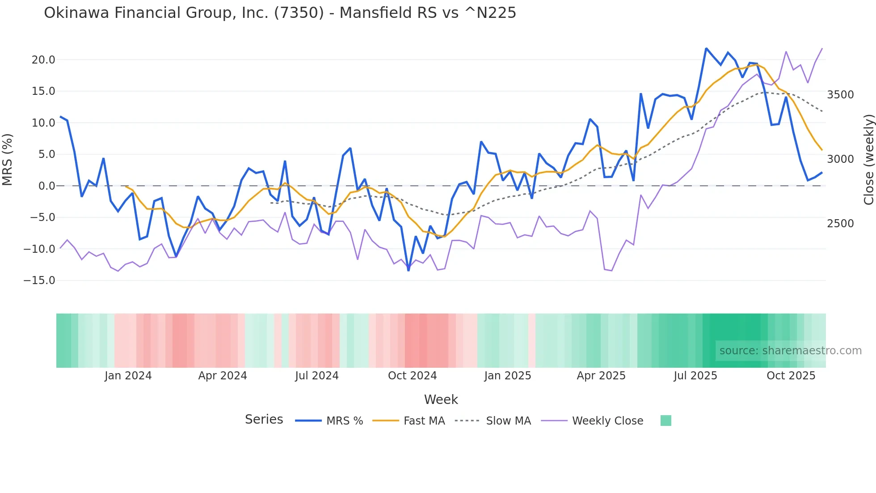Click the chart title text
point(280,13)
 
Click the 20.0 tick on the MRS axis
point(43,60)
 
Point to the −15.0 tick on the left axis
point(39,280)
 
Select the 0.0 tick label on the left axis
point(46,186)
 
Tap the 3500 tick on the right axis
point(840,95)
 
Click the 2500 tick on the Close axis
point(840,224)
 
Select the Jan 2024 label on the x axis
point(128,376)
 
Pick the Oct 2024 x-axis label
point(412,376)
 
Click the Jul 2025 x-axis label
point(695,376)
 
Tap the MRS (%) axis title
point(8,159)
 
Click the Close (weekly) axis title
point(868,159)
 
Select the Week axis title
point(441,399)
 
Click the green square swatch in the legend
point(665,421)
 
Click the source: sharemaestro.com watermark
point(790,351)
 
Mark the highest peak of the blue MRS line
point(706,48)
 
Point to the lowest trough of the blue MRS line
point(409,270)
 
